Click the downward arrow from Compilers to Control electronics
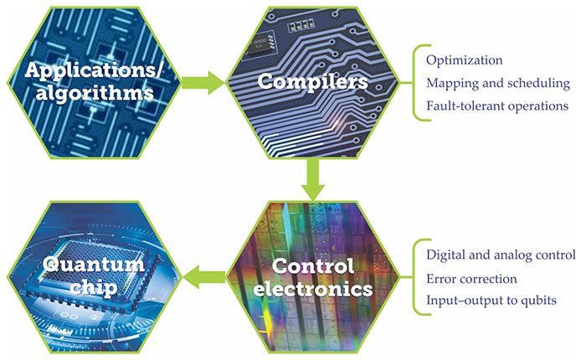click(x=312, y=178)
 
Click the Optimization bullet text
click(x=464, y=61)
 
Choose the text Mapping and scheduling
click(x=497, y=84)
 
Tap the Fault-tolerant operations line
click(x=497, y=106)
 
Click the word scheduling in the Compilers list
click(x=539, y=84)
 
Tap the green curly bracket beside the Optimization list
click(x=414, y=84)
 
